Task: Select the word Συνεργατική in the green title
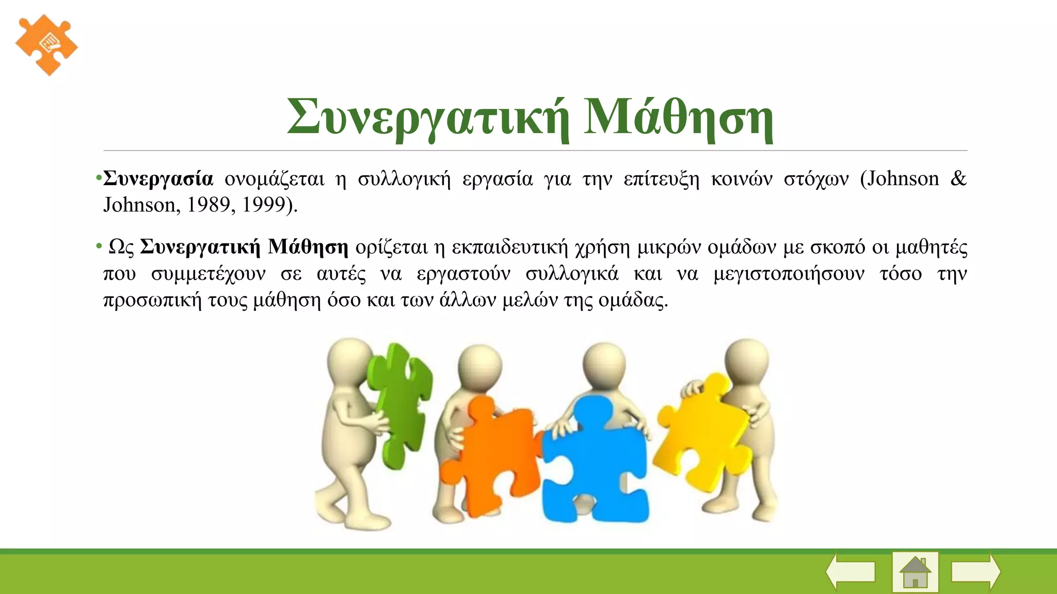coord(428,118)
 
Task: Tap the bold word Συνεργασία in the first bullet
coord(158,179)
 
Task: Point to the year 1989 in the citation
coord(209,205)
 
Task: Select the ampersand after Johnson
coord(957,179)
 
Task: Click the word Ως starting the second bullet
coord(121,247)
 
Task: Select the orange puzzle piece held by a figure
coord(493,454)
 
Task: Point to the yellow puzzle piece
coord(702,433)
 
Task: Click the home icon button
coord(915,572)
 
